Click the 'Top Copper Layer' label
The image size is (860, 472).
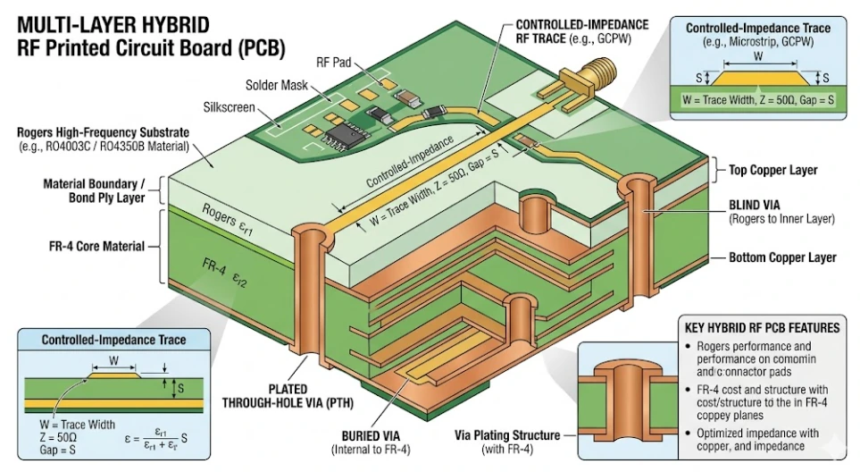point(773,169)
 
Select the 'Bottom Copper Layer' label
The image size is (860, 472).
point(782,257)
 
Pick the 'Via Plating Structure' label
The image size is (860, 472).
point(506,435)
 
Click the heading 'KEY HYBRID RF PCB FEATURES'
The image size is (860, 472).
point(761,328)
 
